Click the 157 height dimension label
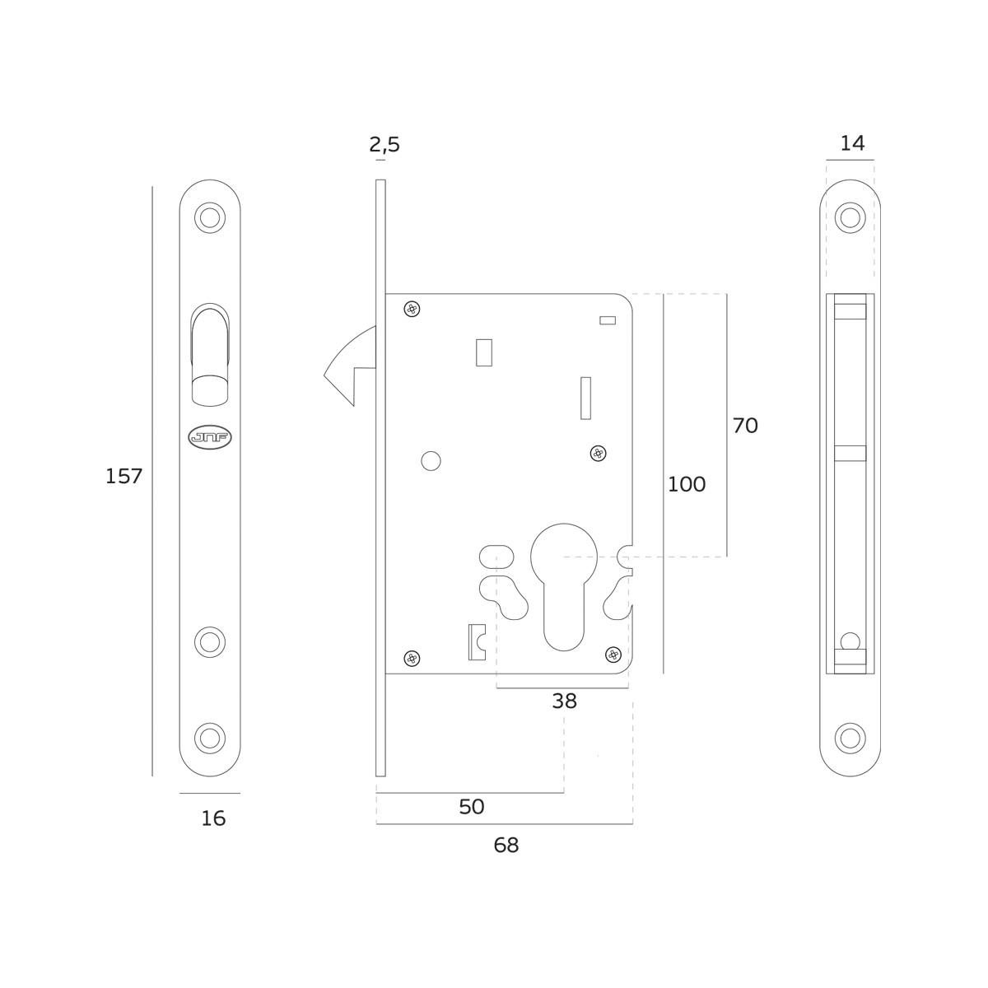pos(123,477)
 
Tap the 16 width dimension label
pos(213,818)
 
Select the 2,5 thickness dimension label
pos(384,145)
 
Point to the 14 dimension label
pos(852,143)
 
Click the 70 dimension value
pos(744,426)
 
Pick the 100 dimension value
pos(686,485)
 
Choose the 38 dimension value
pos(564,701)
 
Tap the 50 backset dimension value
pos(471,807)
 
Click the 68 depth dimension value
pos(506,845)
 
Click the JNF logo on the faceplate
pos(210,437)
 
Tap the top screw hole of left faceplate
pos(210,218)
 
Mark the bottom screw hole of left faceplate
pos(210,738)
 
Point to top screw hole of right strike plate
pos(850,218)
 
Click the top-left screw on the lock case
pos(412,310)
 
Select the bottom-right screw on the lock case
pos(613,655)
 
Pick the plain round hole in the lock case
pos(431,461)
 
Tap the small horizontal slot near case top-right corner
pos(608,320)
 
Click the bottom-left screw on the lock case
pos(412,658)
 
